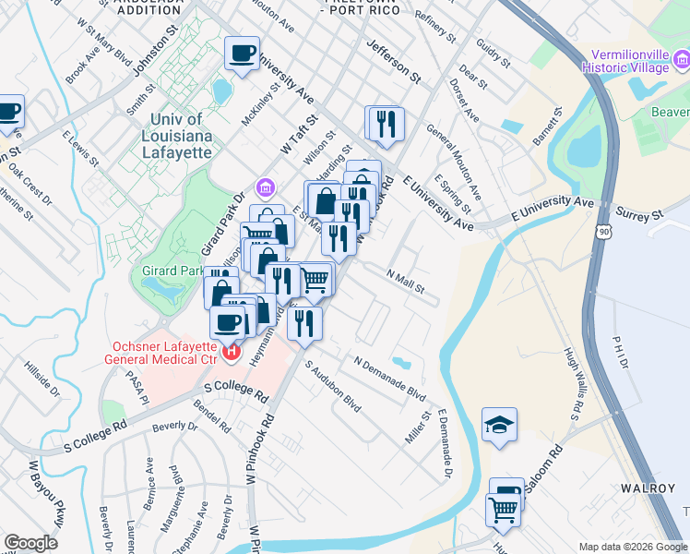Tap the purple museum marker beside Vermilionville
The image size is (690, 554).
coord(681,62)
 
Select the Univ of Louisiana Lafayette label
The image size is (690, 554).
coord(181,128)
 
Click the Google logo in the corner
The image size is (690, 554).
coord(30,543)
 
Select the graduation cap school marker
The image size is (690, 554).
coord(499,425)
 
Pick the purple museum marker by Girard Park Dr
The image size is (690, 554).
coord(266,188)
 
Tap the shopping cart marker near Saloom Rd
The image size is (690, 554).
coord(503,509)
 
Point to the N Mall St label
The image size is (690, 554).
coord(405,281)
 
